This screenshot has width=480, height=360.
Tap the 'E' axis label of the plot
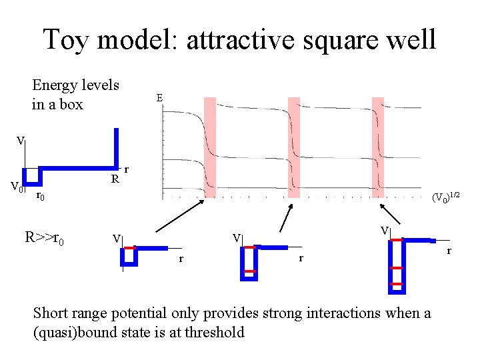159,98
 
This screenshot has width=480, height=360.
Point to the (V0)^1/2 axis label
445,197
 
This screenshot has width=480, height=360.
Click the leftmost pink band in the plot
209,147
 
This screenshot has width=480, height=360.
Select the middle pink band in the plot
294,147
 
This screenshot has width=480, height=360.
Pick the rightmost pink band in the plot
378,147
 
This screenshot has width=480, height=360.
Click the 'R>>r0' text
44,237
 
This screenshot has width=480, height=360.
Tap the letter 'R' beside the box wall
115,179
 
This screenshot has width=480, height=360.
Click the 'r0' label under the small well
40,196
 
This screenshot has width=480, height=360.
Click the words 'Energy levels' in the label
75,85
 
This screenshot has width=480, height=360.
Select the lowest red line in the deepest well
397,284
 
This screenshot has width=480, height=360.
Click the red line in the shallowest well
129,248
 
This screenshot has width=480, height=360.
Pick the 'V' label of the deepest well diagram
385,231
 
